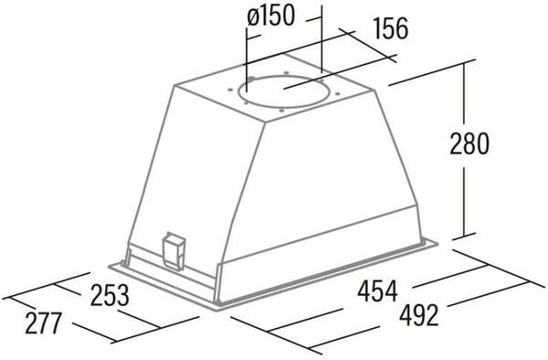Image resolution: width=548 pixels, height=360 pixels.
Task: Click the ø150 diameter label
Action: pyautogui.click(x=270, y=16)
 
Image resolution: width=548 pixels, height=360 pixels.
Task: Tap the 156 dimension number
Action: pyautogui.click(x=391, y=28)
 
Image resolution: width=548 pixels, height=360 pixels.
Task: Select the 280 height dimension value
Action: pyautogui.click(x=469, y=143)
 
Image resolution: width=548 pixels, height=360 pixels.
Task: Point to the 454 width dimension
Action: pyautogui.click(x=377, y=290)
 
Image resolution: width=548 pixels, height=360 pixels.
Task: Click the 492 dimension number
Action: pyautogui.click(x=418, y=315)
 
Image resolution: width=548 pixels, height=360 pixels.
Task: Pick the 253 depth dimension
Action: pyautogui.click(x=110, y=296)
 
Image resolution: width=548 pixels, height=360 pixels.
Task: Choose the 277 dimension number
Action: pyautogui.click(x=43, y=323)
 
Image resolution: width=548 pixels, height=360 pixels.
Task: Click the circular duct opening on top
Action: pyautogui.click(x=283, y=92)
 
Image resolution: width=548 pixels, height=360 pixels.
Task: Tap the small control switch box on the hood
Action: pyautogui.click(x=173, y=251)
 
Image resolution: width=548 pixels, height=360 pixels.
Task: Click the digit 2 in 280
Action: pyautogui.click(x=456, y=143)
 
